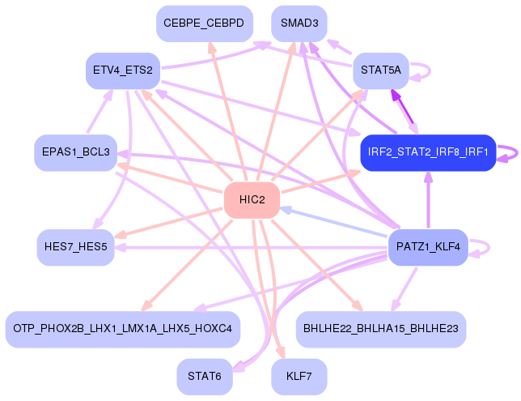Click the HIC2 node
pos(252,200)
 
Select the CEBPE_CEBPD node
pos(204,23)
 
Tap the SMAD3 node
pos(299,23)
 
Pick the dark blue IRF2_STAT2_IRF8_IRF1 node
pos(427,152)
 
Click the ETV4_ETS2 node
pos(123,70)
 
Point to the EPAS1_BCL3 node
pos(75,152)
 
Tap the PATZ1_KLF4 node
pos(428,246)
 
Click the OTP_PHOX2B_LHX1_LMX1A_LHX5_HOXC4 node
pos(122,328)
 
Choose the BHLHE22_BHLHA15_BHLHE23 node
pos(380,328)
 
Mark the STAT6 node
pos(204,376)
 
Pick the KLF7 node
pos(299,376)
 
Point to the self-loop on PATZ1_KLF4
pos(482,246)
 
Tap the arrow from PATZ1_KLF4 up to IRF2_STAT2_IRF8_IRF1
pos(428,203)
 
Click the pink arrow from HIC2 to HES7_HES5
pos(170,221)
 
